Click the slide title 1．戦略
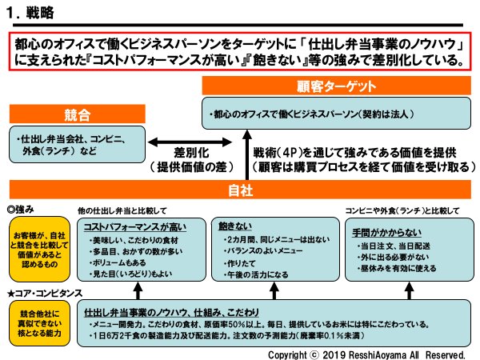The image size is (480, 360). click(x=35, y=14)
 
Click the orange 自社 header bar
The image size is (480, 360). click(x=241, y=190)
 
